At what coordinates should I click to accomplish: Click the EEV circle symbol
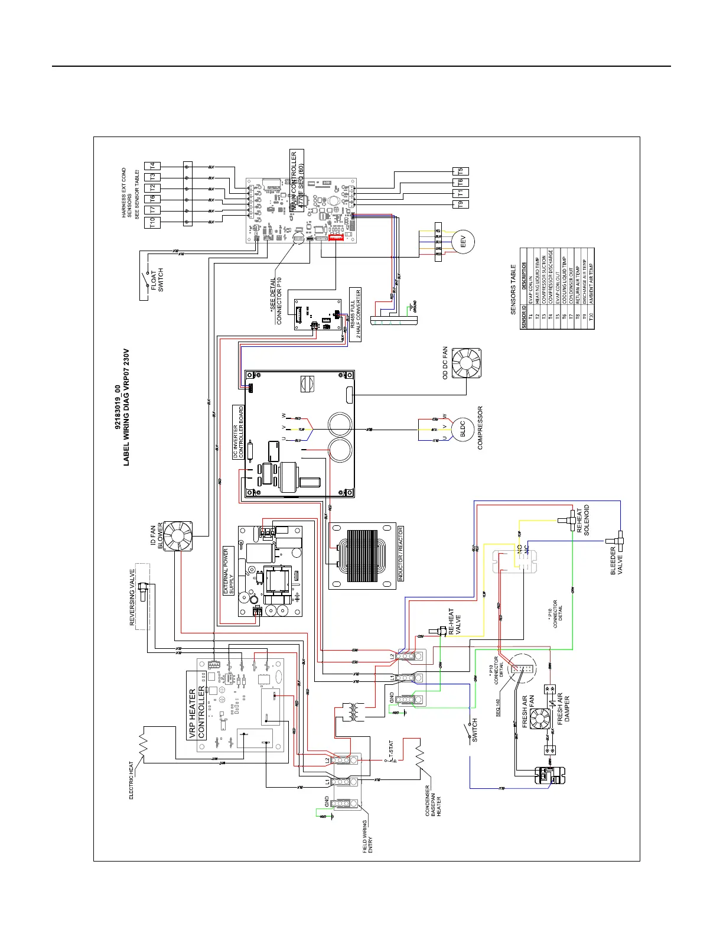point(463,242)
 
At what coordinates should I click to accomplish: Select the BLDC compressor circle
point(463,429)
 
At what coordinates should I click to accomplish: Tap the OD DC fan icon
point(466,363)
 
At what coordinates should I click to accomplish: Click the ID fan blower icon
point(178,536)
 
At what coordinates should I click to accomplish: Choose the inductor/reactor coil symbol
point(361,555)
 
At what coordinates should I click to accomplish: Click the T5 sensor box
point(460,171)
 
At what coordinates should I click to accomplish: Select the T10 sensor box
point(152,222)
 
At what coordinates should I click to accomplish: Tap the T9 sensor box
point(460,204)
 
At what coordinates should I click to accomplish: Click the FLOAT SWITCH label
point(157,280)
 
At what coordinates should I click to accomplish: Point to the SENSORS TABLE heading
point(513,281)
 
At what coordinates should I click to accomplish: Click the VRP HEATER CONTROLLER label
point(197,713)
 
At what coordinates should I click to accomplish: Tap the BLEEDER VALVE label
point(616,560)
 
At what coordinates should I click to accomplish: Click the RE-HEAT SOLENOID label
point(583,520)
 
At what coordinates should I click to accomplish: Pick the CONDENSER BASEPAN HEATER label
point(434,801)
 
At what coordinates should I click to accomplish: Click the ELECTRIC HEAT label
point(132,780)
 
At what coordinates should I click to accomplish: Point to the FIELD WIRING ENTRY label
point(367,835)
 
